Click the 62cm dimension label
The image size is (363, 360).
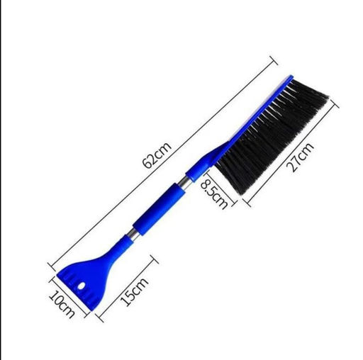tap(157, 155)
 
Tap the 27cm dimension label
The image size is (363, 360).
tap(300, 157)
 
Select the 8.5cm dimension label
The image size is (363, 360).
tap(213, 194)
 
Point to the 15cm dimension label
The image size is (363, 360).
tap(135, 292)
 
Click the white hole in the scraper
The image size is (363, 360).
tap(82, 286)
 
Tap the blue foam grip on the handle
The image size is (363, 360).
tap(158, 209)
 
